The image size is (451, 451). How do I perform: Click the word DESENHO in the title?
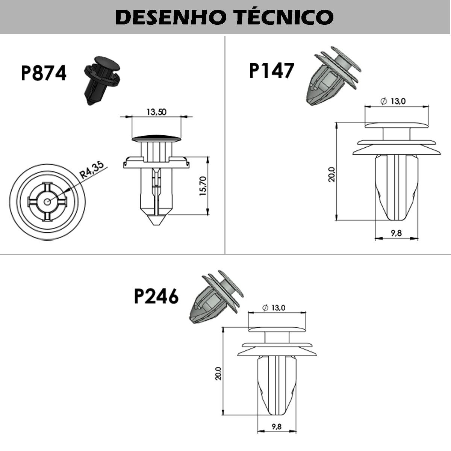[x=170, y=17]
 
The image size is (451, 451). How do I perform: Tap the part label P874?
[x=44, y=73]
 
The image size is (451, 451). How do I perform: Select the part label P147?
[x=271, y=70]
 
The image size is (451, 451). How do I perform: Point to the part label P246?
[x=156, y=296]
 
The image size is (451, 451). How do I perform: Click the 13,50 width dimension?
[x=156, y=112]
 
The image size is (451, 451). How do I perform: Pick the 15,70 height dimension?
[x=203, y=186]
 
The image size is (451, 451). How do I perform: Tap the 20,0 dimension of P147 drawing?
[x=331, y=174]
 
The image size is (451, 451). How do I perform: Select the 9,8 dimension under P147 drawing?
[x=396, y=233]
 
